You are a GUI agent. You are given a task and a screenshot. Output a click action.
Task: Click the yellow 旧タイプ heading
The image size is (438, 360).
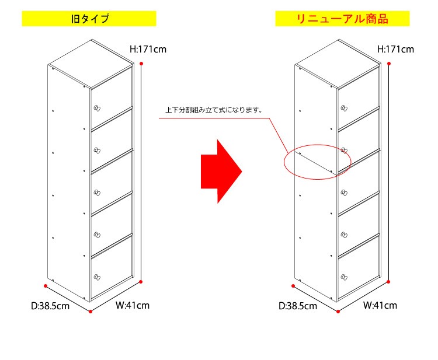point(89,19)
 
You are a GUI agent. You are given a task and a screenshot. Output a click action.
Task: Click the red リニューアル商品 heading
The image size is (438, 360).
point(342,19)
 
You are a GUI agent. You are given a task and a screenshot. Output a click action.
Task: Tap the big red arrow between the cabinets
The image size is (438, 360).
point(221,172)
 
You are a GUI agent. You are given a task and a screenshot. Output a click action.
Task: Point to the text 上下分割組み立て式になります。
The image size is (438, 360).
point(214,110)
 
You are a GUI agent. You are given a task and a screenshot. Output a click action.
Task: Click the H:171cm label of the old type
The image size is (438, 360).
point(148,50)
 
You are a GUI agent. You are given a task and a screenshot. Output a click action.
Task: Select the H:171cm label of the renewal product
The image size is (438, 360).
point(395,50)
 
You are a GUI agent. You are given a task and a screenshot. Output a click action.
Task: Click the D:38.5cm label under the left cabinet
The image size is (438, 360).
point(50,306)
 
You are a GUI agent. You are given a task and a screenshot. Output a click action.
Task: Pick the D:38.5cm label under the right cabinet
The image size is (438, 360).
point(298,306)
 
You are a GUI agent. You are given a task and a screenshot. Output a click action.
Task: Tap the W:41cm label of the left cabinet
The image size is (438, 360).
point(133,305)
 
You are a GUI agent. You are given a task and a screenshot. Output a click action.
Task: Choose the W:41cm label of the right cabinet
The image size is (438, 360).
point(380,305)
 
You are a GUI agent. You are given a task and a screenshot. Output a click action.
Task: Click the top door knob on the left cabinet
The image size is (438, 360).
point(97,109)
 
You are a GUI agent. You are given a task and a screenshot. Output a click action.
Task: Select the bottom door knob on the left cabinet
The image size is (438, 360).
point(97,277)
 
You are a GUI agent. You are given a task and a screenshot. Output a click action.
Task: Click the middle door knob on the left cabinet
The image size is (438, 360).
point(97,193)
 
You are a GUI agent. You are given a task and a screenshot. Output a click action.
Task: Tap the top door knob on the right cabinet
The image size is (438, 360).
point(344,109)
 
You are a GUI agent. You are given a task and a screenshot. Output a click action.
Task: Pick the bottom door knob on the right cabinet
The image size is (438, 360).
point(344,277)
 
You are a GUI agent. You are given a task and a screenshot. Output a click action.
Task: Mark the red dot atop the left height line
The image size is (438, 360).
point(141,64)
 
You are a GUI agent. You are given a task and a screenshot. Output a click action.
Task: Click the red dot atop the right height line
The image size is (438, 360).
point(389,64)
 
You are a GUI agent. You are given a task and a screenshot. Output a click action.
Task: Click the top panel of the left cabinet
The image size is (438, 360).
point(91,64)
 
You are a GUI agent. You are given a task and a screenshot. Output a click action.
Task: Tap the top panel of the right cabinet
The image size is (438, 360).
point(338,64)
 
